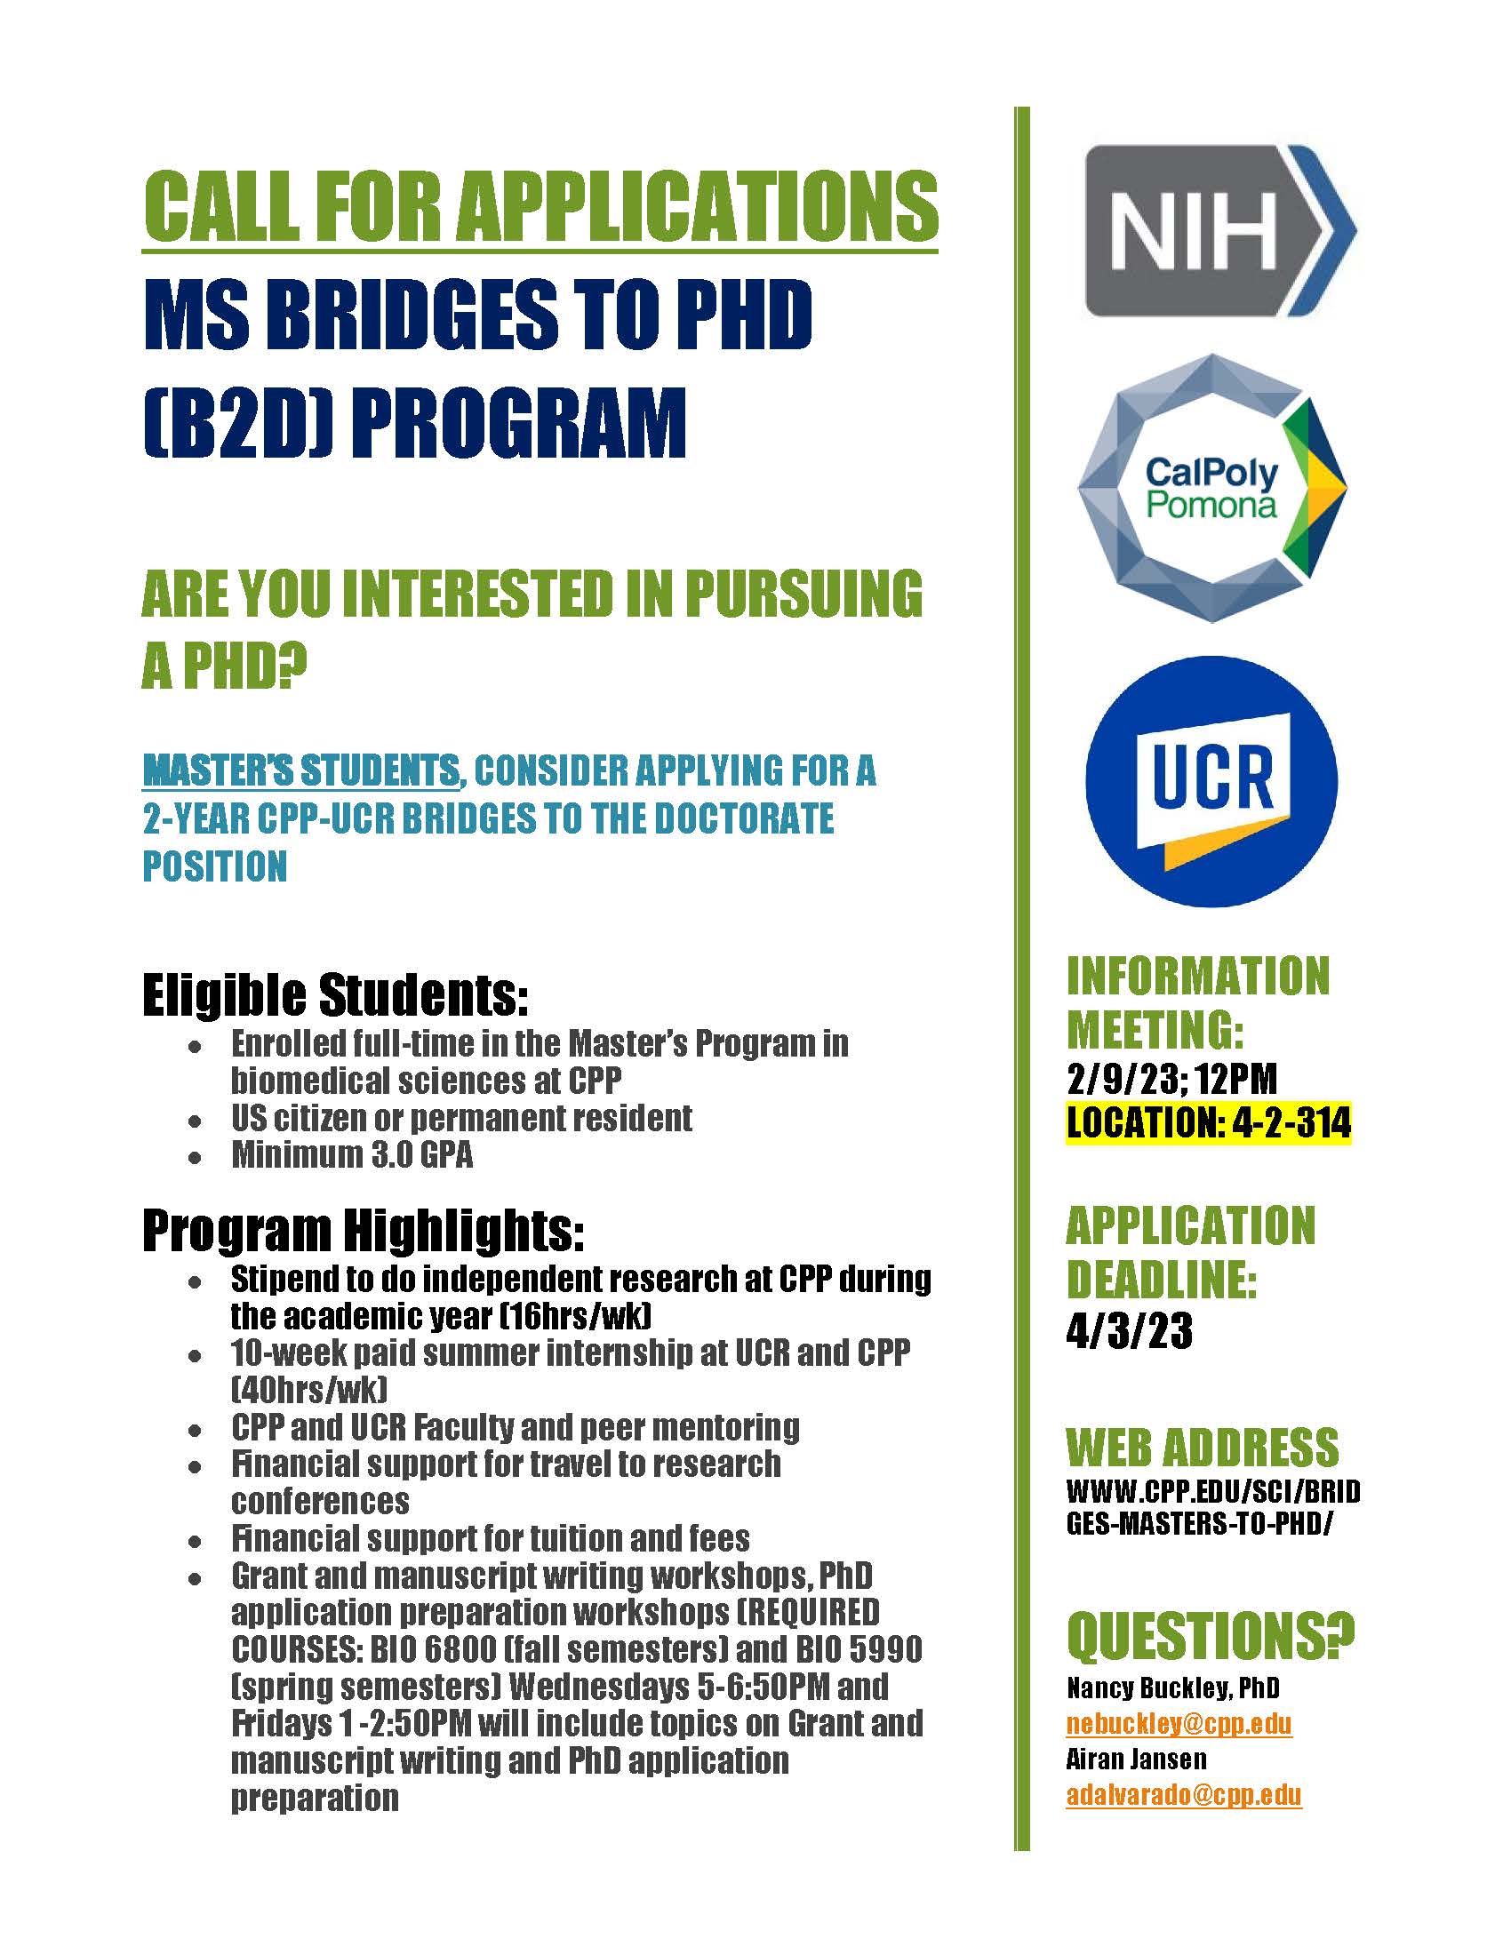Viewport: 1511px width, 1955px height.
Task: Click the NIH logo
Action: (x=1219, y=231)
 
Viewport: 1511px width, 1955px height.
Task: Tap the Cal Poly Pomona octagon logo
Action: (x=1212, y=489)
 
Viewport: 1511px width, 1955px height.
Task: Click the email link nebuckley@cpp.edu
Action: (x=1179, y=1723)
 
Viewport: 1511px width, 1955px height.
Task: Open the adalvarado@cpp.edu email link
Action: (x=1183, y=1795)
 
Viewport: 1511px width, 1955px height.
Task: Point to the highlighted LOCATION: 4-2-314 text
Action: (x=1209, y=1122)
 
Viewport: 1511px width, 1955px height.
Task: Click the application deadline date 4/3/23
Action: (x=1129, y=1331)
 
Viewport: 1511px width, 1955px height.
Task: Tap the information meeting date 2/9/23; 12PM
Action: (x=1171, y=1079)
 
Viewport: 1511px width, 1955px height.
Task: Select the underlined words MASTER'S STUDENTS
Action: (x=300, y=770)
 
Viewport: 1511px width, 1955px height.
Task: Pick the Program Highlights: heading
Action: (x=363, y=1231)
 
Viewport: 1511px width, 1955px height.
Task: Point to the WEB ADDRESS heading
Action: (x=1202, y=1448)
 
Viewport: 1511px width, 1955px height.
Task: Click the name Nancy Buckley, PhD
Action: (x=1172, y=1688)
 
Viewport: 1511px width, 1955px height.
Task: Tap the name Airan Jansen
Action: (x=1136, y=1759)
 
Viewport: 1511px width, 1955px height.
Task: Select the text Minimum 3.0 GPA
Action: (x=352, y=1154)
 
